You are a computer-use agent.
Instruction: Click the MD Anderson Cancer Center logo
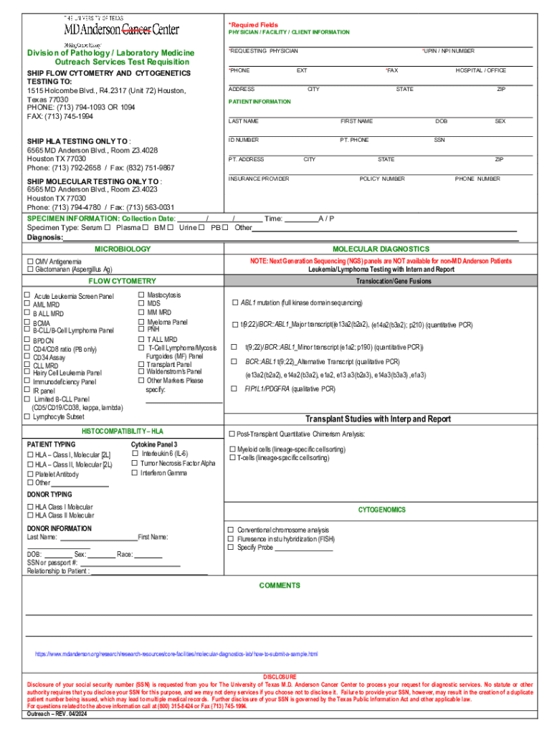[121, 29]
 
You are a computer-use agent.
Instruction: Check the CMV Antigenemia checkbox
[30, 262]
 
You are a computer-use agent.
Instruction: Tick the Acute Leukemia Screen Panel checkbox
[28, 295]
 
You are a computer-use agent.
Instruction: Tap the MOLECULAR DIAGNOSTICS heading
[380, 249]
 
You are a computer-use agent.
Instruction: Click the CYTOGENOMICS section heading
[382, 510]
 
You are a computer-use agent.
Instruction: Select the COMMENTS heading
[280, 586]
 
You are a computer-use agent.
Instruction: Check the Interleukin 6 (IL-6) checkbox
[135, 454]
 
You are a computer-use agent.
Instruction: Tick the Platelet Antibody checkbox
[30, 474]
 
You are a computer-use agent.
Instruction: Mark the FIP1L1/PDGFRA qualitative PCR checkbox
[234, 389]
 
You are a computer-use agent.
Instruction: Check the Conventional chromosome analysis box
[231, 530]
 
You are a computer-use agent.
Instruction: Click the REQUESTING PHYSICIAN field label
[264, 51]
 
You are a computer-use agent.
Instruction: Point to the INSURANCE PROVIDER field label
[259, 178]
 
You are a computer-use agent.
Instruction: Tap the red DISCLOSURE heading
[280, 676]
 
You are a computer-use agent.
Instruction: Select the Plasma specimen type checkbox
[146, 227]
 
